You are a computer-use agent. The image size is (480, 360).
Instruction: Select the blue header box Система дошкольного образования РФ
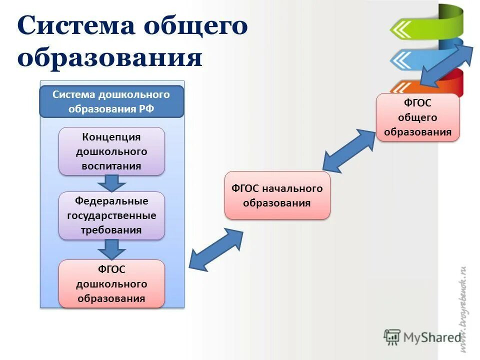coord(111,102)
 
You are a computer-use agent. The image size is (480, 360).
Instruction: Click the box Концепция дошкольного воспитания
coord(111,151)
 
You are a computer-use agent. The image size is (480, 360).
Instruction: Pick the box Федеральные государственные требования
coord(111,215)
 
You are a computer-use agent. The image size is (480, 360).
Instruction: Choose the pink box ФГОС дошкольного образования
coord(111,283)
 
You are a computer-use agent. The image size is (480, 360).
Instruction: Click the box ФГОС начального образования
coord(277,195)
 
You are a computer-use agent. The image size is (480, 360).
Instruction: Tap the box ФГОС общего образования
coord(417,117)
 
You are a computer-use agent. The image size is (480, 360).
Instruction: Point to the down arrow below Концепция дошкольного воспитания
coord(111,183)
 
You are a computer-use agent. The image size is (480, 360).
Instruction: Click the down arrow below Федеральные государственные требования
coord(111,249)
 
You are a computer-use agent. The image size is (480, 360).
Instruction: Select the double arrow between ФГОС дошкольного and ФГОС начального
coord(216,250)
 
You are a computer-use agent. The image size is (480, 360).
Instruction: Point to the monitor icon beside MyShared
coord(392,337)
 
